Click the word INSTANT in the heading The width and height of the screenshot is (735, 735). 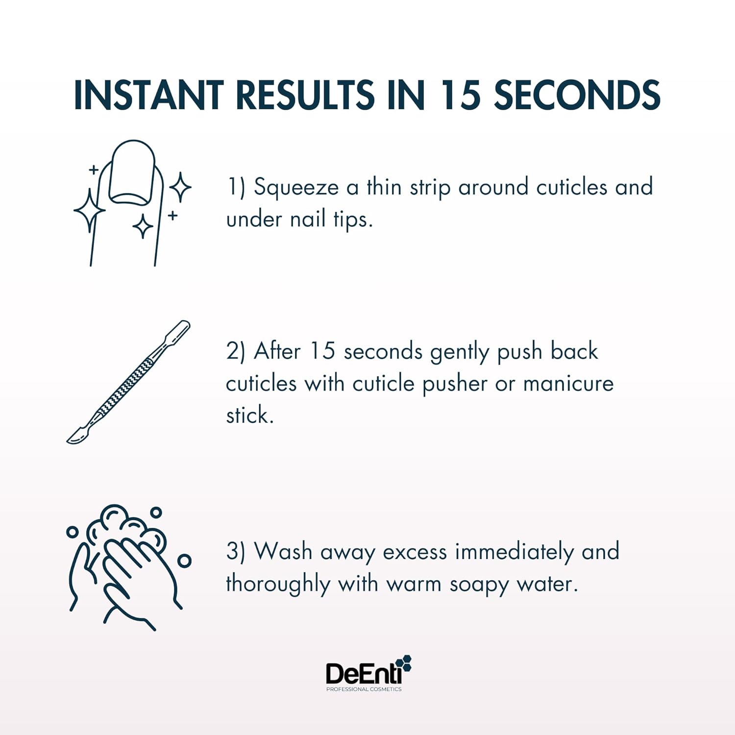[148, 95]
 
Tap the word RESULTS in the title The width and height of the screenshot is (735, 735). [305, 95]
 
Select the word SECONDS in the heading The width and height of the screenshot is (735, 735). [577, 95]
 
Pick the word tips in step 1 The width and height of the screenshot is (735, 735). [352, 220]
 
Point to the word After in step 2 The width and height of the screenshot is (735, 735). [277, 351]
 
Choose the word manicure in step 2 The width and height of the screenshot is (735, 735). [568, 384]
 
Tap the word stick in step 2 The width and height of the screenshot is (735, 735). [249, 416]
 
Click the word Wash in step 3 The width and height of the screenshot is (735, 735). [283, 552]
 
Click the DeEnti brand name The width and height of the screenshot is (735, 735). [363, 674]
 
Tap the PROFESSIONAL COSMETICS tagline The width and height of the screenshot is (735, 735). [364, 689]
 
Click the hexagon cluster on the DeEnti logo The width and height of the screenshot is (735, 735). [404, 663]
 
